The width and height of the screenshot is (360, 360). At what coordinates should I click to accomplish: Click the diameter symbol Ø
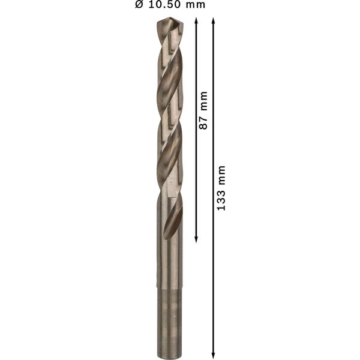tap(139, 5)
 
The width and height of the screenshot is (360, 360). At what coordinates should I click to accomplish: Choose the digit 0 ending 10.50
tap(178, 5)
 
